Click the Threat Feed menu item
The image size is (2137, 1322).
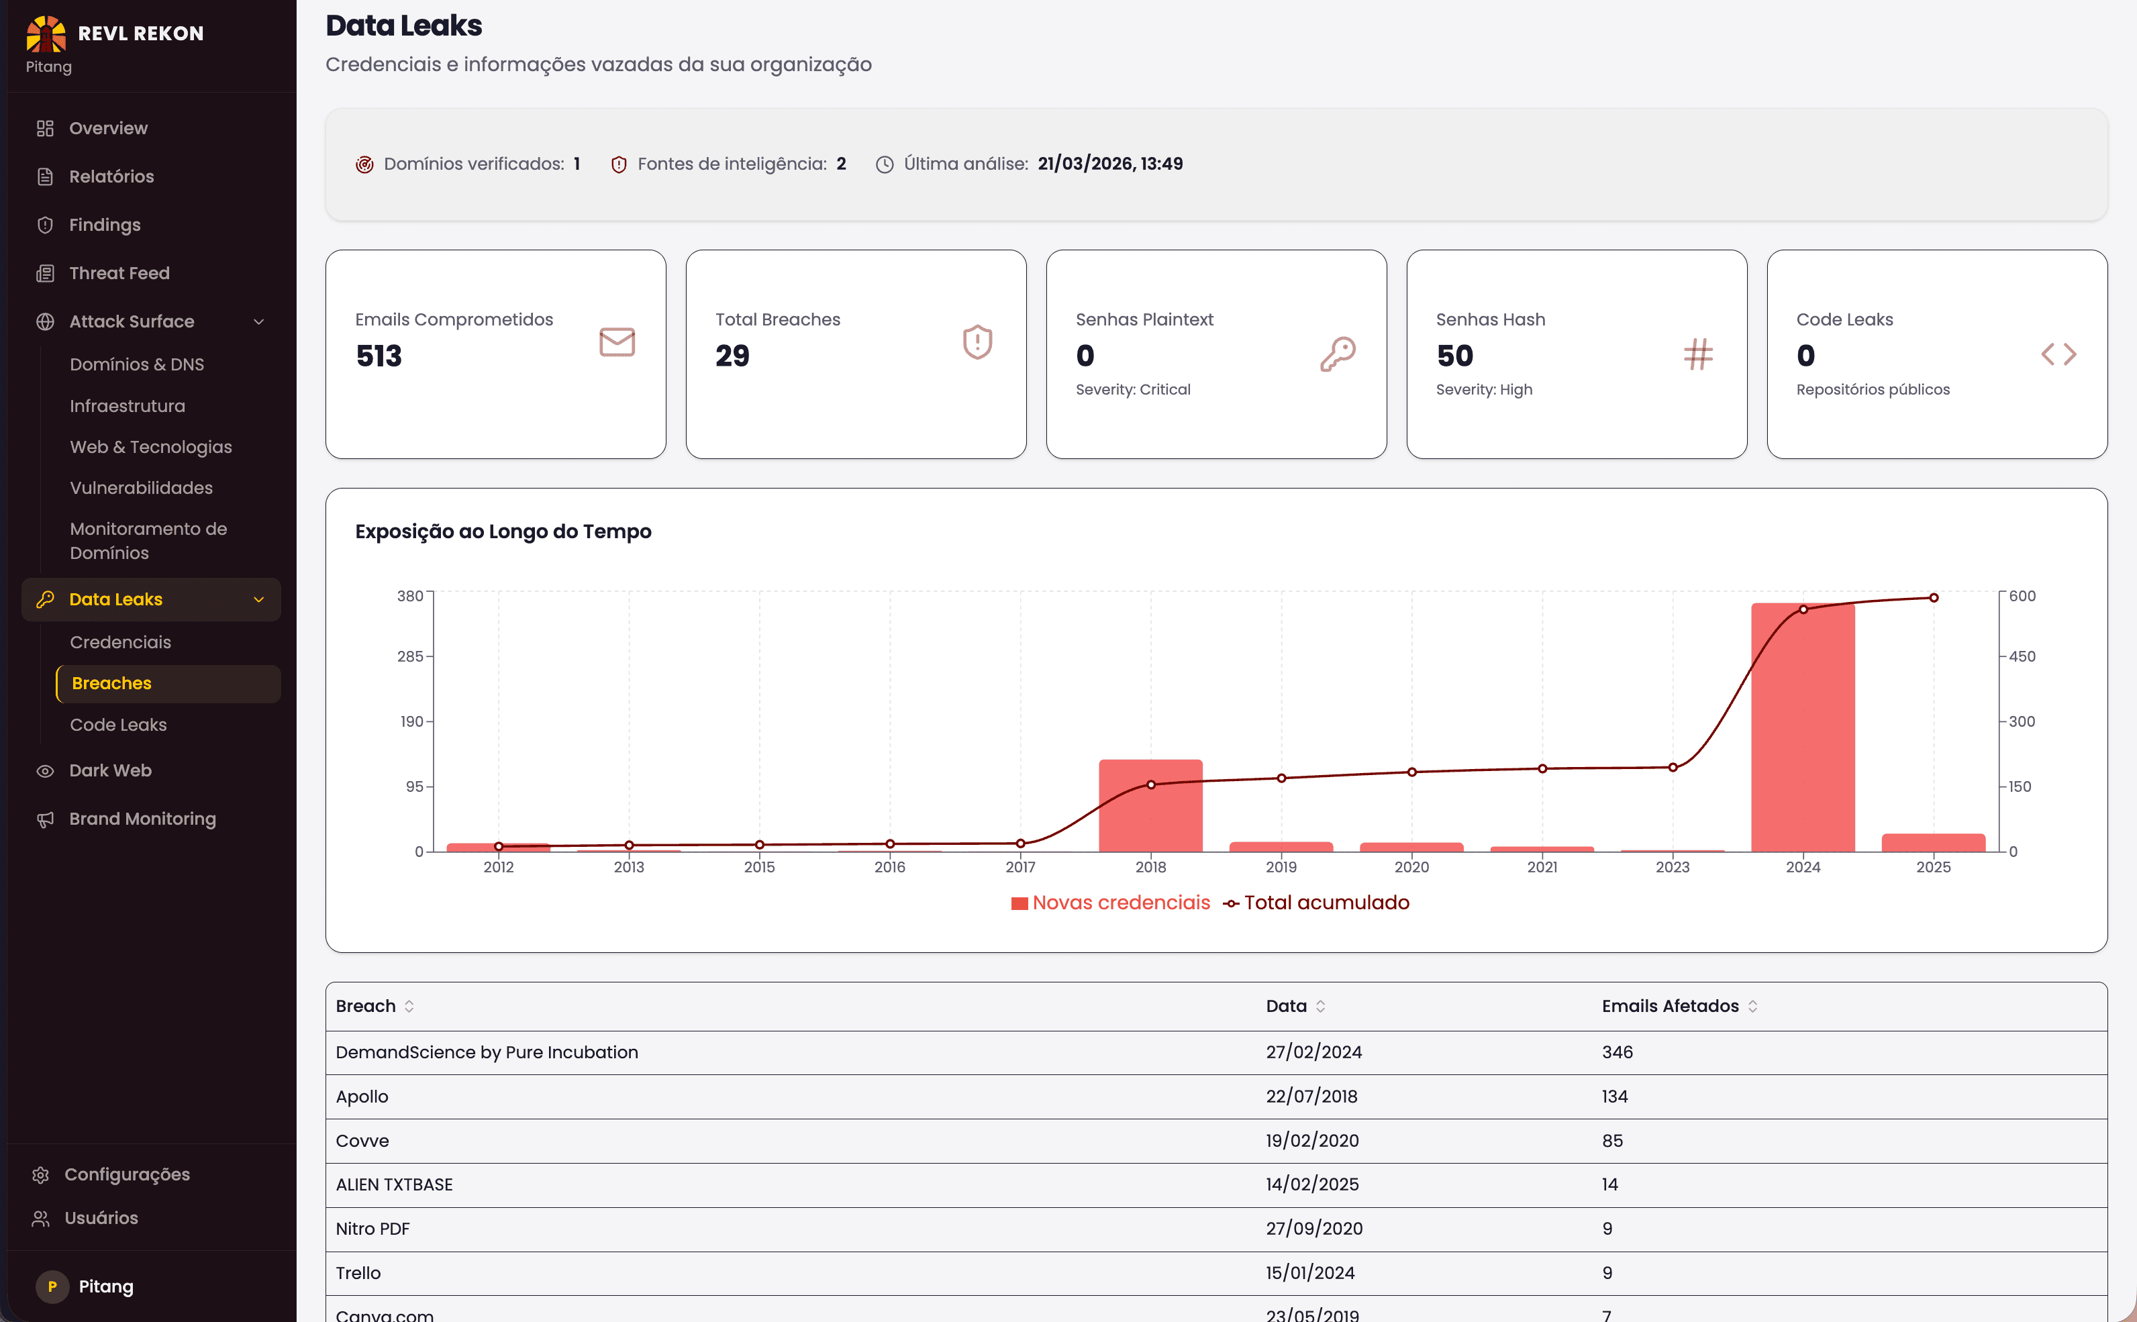pos(119,273)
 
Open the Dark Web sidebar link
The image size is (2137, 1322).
pos(110,770)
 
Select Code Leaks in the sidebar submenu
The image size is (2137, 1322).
pos(118,725)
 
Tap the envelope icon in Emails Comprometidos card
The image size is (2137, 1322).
pos(616,342)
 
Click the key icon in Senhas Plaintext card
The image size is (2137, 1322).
pos(1337,354)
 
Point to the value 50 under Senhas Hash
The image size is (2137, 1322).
pos(1454,356)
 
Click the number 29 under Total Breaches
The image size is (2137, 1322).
pos(732,356)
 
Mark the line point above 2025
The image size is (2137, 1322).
pos(1933,598)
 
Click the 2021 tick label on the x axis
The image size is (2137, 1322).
pos(1542,866)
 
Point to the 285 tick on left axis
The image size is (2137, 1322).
pos(409,656)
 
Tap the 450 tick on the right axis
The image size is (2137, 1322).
pos(2022,656)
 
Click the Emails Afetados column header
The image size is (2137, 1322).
pos(1669,1005)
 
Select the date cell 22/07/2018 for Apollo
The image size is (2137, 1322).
pos(1311,1097)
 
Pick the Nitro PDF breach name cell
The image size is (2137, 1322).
pos(372,1229)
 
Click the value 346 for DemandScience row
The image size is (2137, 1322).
pos(1617,1052)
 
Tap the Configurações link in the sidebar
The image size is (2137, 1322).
pos(127,1174)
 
